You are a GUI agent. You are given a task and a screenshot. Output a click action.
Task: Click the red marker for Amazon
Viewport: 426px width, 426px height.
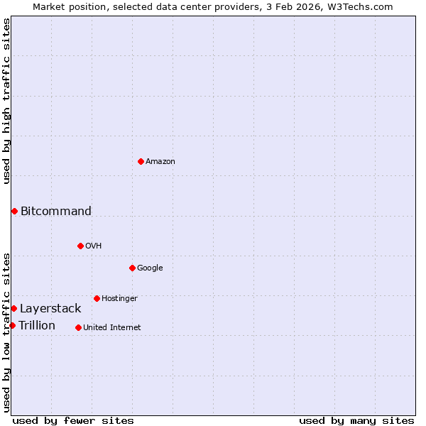pyautogui.click(x=141, y=161)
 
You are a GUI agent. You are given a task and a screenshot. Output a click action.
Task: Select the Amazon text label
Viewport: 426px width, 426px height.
pyautogui.click(x=160, y=161)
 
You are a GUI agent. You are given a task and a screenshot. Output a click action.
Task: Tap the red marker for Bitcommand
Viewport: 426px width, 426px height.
pyautogui.click(x=14, y=211)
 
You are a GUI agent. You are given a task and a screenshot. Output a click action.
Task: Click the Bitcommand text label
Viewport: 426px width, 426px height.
pyautogui.click(x=56, y=211)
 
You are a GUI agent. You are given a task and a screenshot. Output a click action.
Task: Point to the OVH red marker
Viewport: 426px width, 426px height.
pyautogui.click(x=80, y=246)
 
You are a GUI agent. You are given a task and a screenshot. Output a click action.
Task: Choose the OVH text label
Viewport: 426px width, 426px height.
pyautogui.click(x=94, y=246)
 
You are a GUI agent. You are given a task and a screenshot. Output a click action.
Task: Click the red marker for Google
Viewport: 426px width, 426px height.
pyautogui.click(x=132, y=268)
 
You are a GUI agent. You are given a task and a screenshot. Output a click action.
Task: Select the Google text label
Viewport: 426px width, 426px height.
pyautogui.click(x=150, y=268)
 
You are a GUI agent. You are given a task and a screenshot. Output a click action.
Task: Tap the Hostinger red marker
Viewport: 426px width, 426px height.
pyautogui.click(x=97, y=298)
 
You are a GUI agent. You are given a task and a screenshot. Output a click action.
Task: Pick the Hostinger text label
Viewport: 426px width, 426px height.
pyautogui.click(x=119, y=298)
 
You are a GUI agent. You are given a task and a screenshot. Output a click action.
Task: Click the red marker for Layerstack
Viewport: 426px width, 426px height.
pyautogui.click(x=13, y=308)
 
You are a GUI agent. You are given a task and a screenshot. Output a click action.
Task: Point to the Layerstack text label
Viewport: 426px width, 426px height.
pyautogui.click(x=50, y=308)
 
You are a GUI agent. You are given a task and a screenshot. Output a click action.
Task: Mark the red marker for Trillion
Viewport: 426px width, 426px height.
pyautogui.click(x=12, y=325)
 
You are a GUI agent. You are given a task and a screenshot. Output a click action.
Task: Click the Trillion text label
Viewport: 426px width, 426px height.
pyautogui.click(x=37, y=325)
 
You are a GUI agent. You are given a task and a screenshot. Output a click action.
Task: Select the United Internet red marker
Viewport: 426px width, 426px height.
pyautogui.click(x=78, y=327)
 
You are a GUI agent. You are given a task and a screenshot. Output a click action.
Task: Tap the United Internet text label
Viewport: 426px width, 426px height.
pyautogui.click(x=112, y=327)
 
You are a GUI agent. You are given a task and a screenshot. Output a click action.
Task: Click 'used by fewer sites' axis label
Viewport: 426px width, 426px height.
pyautogui.click(x=73, y=420)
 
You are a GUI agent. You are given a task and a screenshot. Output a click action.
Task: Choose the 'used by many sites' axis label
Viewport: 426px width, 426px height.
pyautogui.click(x=356, y=420)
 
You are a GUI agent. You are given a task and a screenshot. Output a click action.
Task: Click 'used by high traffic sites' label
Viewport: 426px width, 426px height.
pyautogui.click(x=6, y=101)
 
